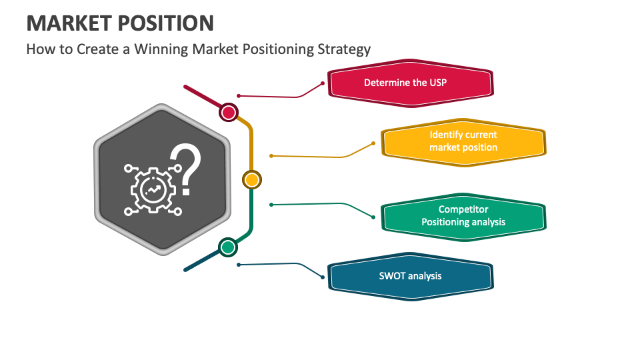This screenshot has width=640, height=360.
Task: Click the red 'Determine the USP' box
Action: point(410,83)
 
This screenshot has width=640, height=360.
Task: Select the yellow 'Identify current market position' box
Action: point(463,141)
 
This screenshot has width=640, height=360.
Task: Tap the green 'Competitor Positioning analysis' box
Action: point(463,216)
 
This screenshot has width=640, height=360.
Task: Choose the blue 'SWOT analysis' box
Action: point(410,276)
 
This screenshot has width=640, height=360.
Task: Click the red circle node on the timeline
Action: point(229,112)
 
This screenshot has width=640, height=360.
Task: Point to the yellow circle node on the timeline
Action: point(251,179)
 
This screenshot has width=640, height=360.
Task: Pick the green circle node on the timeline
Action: point(228,247)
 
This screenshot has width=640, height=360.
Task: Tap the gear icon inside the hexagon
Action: point(153,191)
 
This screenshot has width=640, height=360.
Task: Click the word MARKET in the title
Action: point(69,23)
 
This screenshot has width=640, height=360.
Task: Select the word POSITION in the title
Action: point(166,23)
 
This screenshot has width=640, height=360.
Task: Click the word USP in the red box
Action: point(437,83)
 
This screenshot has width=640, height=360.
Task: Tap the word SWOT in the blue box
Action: point(392,276)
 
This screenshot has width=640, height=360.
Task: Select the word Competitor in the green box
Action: point(463,209)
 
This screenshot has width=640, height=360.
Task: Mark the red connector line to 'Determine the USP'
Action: point(280,97)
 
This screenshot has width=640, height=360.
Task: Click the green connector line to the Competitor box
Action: point(320,204)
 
